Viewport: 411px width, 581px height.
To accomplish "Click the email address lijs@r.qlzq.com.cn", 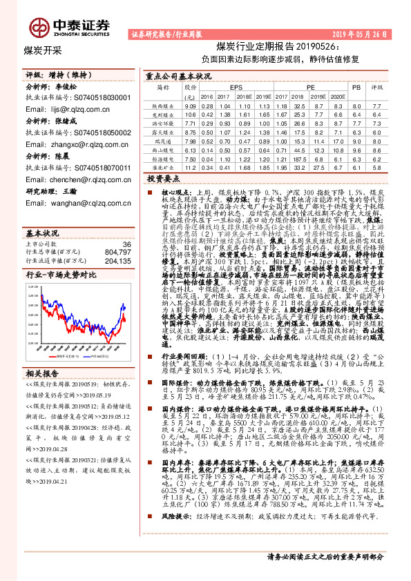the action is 77,109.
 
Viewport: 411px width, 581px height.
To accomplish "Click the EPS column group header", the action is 236,88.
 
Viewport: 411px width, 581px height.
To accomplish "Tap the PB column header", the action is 356,88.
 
